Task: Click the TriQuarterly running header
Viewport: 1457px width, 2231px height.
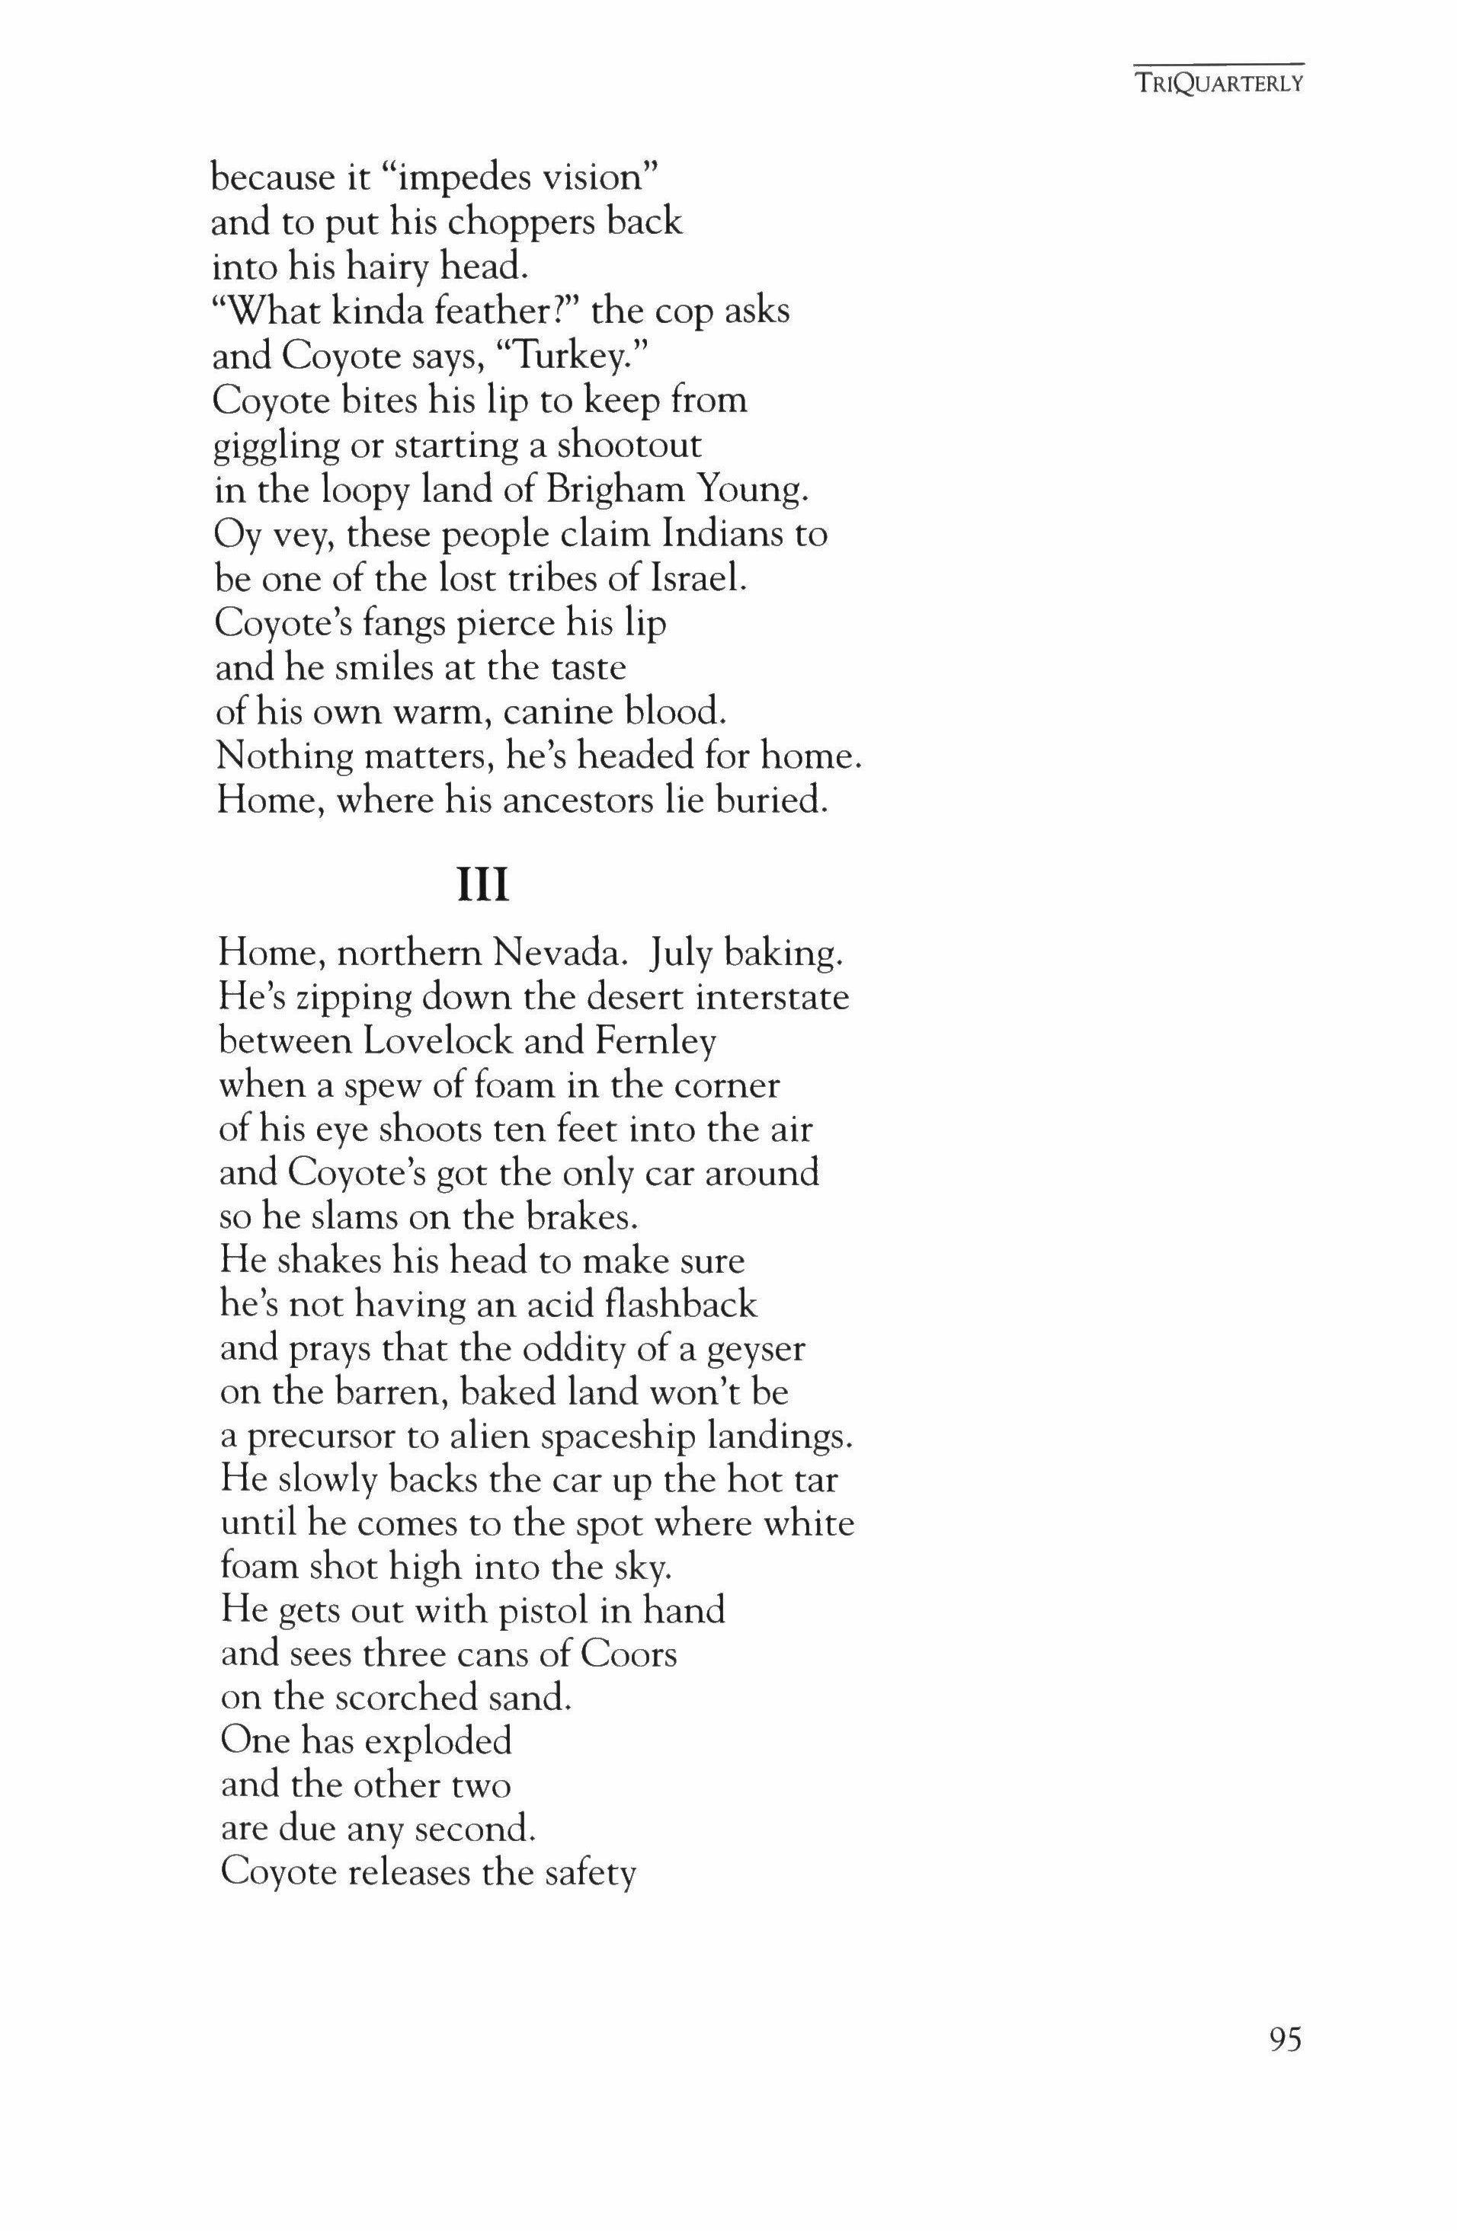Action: click(x=1218, y=84)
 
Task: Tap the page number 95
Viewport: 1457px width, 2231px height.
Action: click(x=1286, y=2066)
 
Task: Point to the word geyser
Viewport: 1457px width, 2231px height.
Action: click(x=757, y=1350)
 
